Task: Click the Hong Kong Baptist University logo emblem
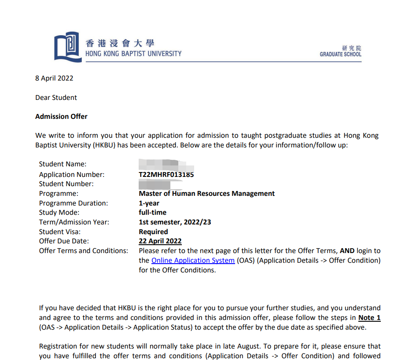click(68, 47)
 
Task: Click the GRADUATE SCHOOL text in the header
click(340, 54)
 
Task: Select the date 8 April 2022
click(54, 78)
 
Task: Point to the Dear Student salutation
click(56, 98)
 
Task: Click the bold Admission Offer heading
click(61, 117)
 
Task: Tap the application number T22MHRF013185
click(166, 175)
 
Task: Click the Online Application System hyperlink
click(193, 261)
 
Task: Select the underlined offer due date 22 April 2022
click(160, 241)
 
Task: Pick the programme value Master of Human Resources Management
click(206, 194)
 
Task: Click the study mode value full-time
click(152, 213)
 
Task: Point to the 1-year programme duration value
click(149, 203)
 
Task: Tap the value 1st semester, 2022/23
click(175, 222)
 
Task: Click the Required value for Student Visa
click(153, 232)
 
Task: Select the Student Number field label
click(66, 184)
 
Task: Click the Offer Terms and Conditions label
click(84, 251)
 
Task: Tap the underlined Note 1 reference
click(369, 318)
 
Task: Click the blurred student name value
click(166, 165)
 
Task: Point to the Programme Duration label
click(73, 203)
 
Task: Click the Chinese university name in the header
click(120, 43)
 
